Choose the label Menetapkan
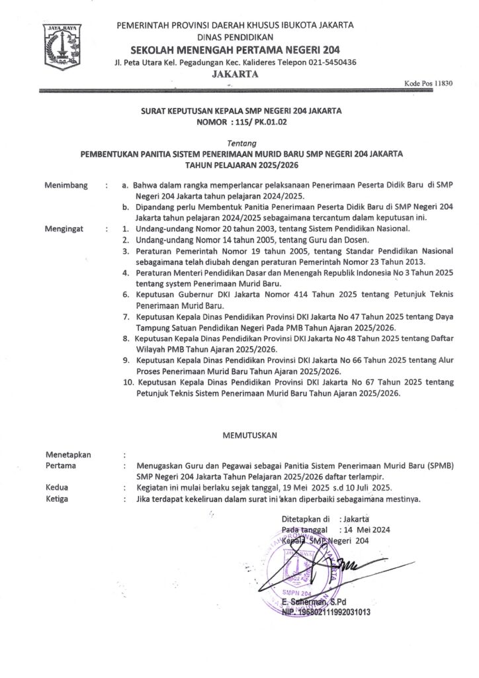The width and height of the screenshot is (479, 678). [68, 455]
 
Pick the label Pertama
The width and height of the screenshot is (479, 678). [60, 465]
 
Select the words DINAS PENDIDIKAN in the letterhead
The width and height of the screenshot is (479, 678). [235, 37]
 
